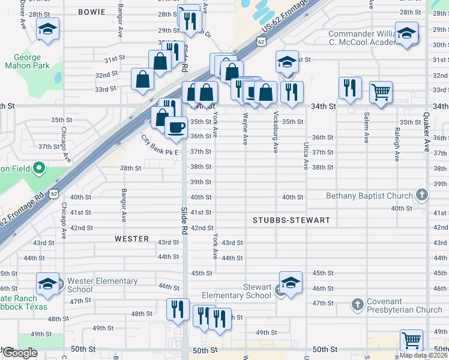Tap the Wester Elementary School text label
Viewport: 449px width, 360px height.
[x=102, y=285]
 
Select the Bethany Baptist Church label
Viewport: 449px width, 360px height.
[x=369, y=196]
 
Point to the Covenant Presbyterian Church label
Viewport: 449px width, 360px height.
[x=403, y=306]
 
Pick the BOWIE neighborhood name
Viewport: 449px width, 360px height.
[x=91, y=12]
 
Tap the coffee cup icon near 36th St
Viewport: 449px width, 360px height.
[x=176, y=127]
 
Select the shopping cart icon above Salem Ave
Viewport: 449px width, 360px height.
[x=381, y=92]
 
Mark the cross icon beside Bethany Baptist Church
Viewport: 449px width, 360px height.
[x=423, y=195]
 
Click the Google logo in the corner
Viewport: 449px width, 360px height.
[x=19, y=353]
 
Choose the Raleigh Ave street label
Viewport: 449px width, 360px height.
[x=397, y=144]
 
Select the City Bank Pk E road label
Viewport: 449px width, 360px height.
[x=160, y=146]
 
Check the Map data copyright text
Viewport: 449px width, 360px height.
[x=423, y=355]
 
